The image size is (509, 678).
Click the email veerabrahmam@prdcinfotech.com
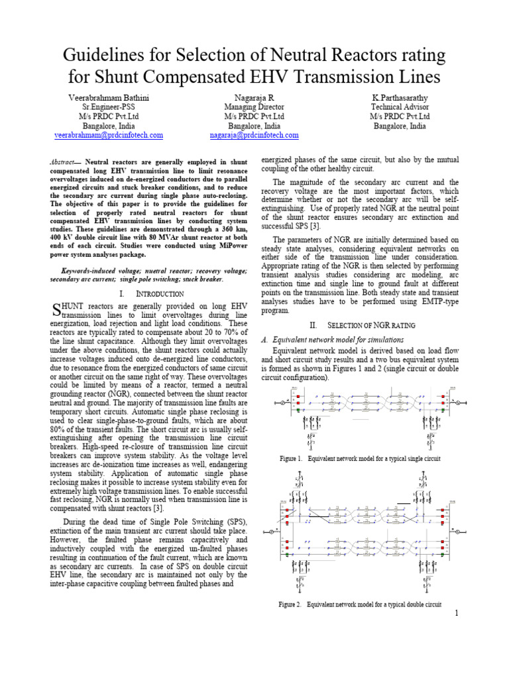click(109, 135)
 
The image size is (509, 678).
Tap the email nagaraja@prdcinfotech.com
click(254, 135)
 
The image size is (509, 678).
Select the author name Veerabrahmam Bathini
click(109, 98)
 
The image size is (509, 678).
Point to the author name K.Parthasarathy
click(400, 98)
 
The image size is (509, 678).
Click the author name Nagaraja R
click(254, 98)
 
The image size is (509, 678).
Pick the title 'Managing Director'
click(254, 107)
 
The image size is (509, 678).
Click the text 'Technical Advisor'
click(400, 107)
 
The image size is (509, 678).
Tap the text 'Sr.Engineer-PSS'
click(109, 107)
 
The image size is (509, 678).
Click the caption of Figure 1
click(360, 458)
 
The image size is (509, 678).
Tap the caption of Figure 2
click(360, 605)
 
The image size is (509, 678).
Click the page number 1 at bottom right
click(457, 614)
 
